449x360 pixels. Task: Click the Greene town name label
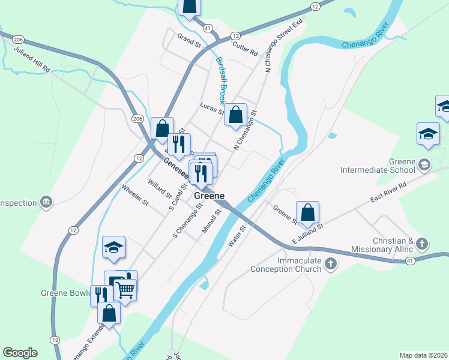209,196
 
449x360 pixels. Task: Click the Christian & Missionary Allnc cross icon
423,244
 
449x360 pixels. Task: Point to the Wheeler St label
135,196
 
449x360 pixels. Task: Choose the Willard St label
160,188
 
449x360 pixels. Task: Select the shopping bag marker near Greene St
307,212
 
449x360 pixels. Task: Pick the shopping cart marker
125,290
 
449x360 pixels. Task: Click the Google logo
20,353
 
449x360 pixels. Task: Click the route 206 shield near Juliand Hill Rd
19,38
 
